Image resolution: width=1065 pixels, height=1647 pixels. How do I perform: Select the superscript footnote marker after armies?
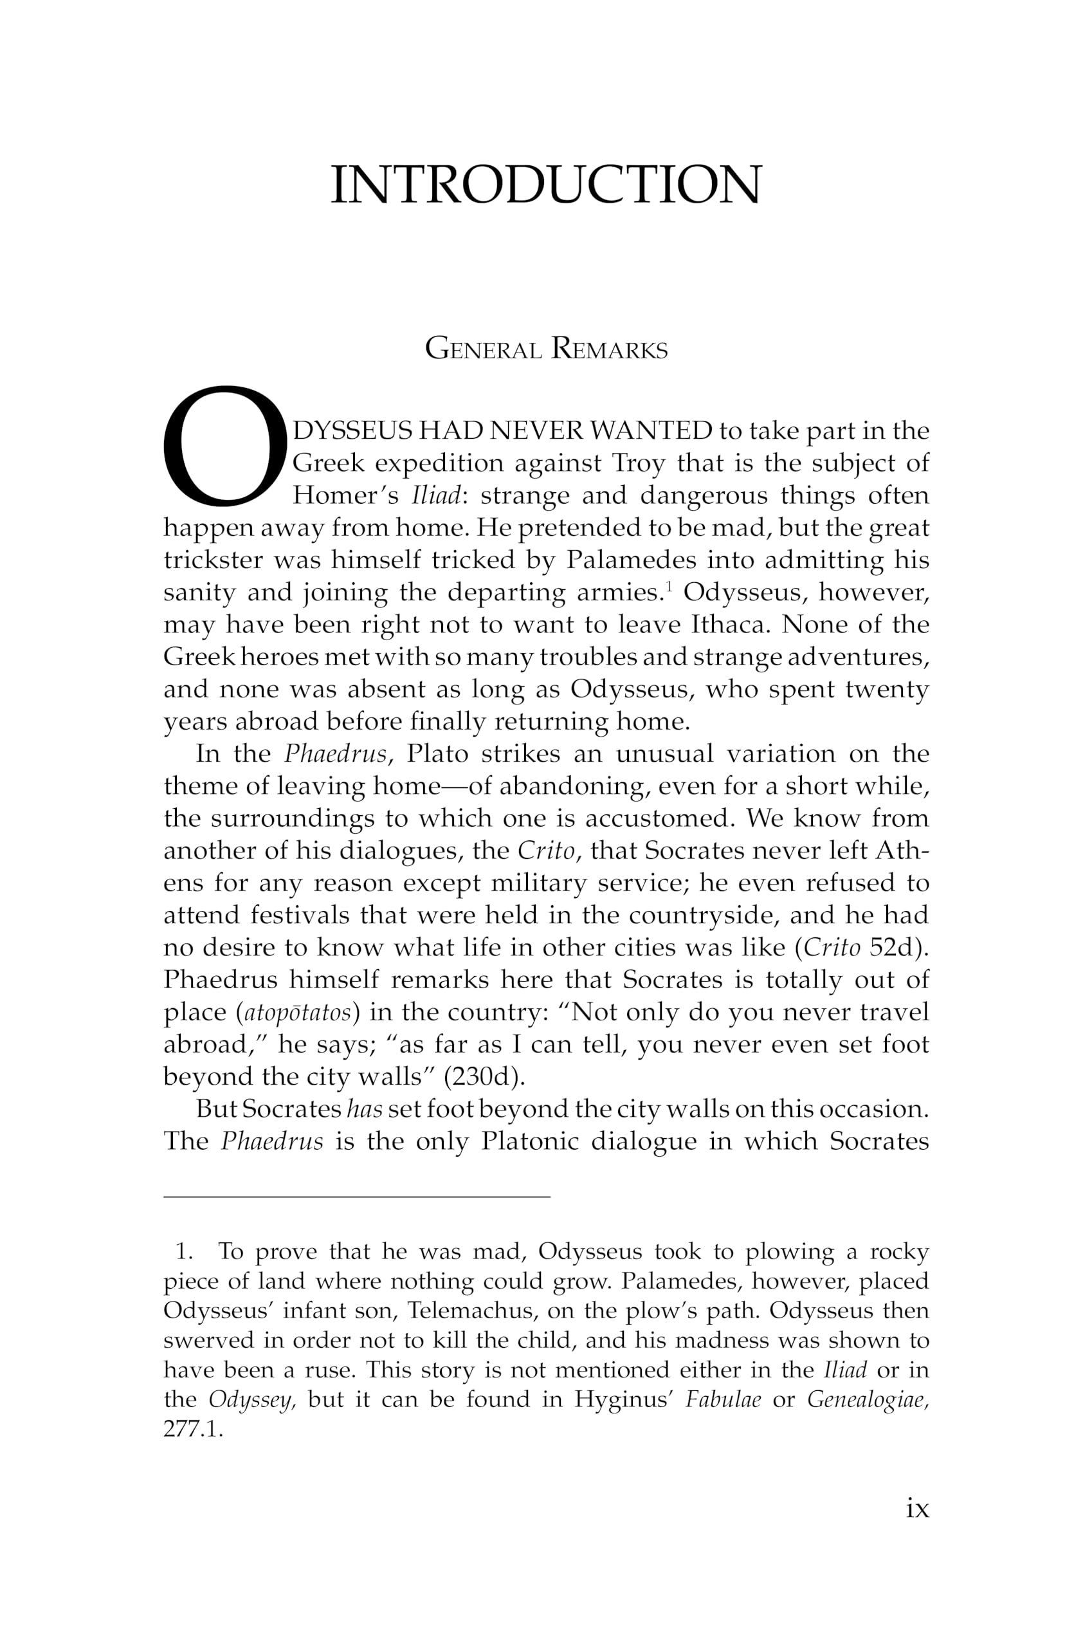(x=669, y=587)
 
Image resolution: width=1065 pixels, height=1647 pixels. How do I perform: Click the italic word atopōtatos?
(x=297, y=1013)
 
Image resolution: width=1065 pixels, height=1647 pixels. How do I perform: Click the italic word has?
(x=365, y=1110)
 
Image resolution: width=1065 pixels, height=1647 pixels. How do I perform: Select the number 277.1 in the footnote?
(x=193, y=1429)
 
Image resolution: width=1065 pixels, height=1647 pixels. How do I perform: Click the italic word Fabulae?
(x=723, y=1399)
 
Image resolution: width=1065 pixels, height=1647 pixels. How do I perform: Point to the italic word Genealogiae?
(x=867, y=1399)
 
